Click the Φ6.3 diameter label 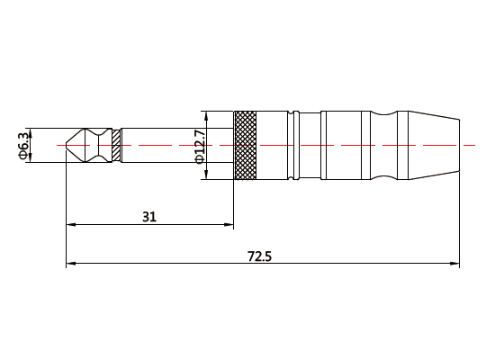click(x=22, y=144)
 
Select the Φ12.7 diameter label click(x=200, y=145)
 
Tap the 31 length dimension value click(x=150, y=216)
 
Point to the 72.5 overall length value click(x=259, y=256)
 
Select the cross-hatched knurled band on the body click(x=245, y=145)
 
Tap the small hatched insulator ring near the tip click(x=116, y=145)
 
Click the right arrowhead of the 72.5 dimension click(x=454, y=265)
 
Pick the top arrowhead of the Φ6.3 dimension click(x=30, y=131)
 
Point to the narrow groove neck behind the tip click(x=102, y=145)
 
